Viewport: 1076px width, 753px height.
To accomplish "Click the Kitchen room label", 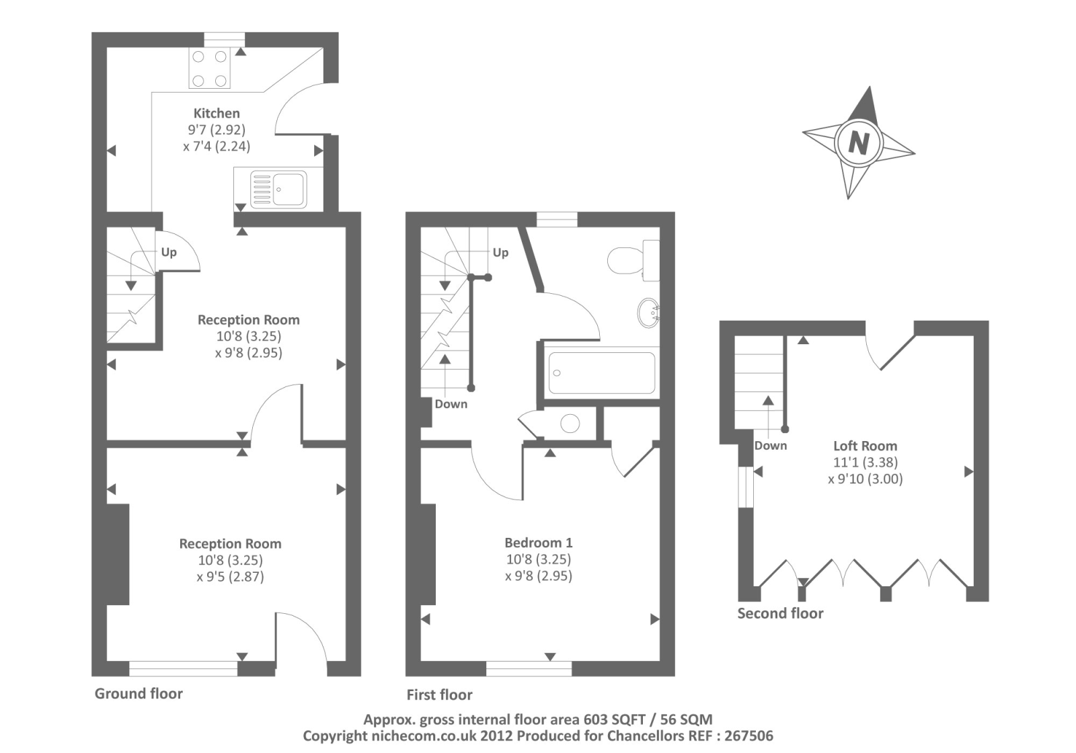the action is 217,113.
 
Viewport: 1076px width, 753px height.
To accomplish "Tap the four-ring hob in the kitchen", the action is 209,69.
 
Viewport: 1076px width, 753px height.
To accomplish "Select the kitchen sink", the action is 278,189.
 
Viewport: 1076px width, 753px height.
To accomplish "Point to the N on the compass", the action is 859,143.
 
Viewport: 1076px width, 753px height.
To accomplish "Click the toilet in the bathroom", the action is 633,261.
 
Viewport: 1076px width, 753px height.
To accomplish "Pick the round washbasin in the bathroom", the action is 648,313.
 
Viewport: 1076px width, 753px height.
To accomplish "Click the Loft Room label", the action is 865,446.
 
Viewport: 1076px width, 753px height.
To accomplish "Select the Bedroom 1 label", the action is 539,543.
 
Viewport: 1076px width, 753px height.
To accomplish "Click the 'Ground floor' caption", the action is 139,694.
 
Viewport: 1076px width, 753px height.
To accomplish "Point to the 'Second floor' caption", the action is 780,613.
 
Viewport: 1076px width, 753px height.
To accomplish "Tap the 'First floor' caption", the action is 439,695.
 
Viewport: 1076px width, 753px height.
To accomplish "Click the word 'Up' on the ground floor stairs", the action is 169,252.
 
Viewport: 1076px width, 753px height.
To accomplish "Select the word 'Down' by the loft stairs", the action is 770,446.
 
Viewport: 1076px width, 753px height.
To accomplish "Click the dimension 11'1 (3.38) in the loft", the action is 865,463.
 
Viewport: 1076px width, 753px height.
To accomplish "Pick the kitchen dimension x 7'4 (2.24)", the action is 217,146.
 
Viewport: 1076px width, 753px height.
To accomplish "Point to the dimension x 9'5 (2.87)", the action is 230,576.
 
